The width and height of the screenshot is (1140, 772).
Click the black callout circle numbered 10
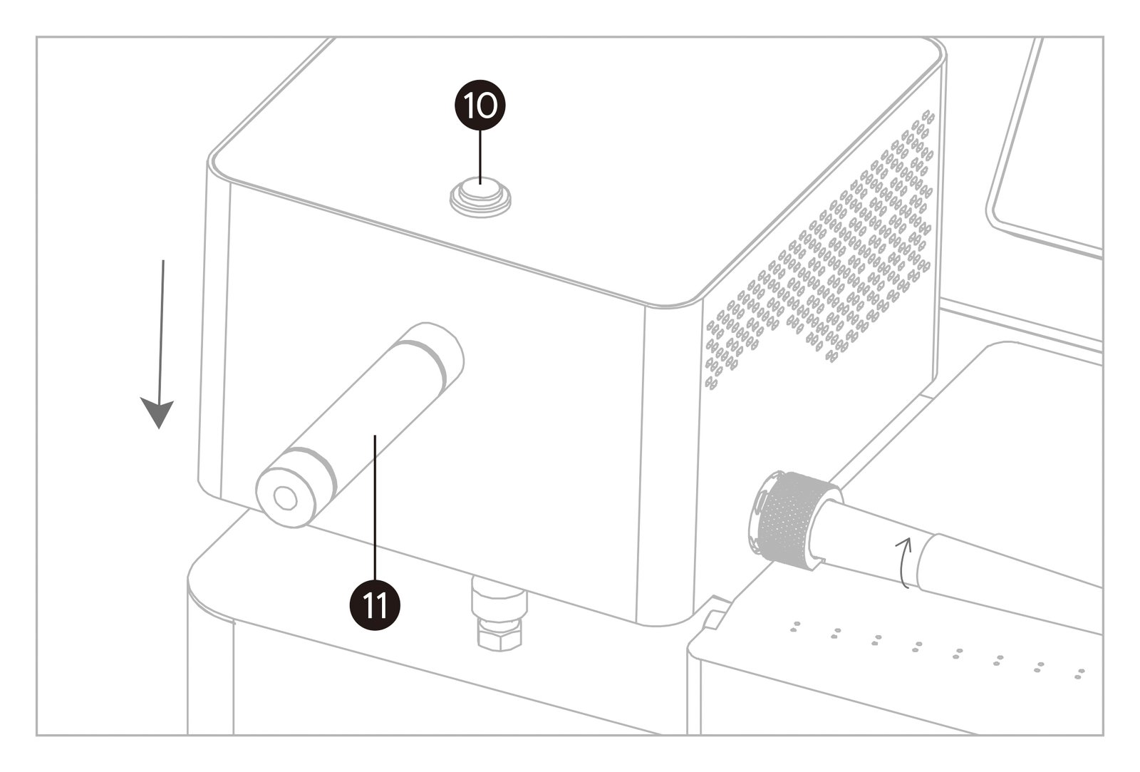click(480, 105)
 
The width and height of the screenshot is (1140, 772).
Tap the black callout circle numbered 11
click(375, 605)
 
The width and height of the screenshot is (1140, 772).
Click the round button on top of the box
click(480, 197)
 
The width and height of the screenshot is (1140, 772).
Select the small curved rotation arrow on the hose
click(903, 562)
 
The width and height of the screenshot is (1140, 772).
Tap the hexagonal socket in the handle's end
click(285, 498)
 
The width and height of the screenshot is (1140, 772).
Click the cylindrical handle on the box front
click(360, 425)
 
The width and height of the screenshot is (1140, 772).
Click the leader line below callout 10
click(480, 158)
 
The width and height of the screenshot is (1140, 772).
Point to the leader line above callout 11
click(375, 508)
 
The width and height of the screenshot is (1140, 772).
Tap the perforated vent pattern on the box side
click(819, 249)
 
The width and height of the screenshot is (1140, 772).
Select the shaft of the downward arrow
click(162, 331)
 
